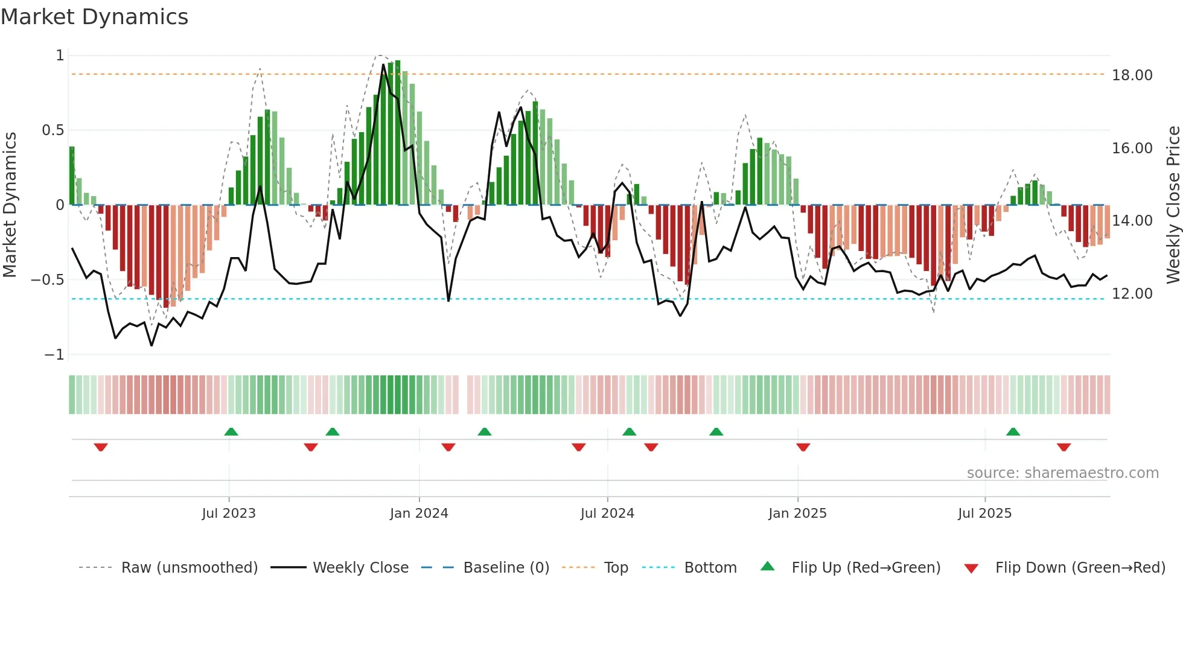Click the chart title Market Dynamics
pyautogui.click(x=94, y=17)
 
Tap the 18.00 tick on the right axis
pyautogui.click(x=1132, y=75)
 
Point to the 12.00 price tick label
pyautogui.click(x=1132, y=294)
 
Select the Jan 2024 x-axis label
pyautogui.click(x=419, y=514)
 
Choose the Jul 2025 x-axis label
pyautogui.click(x=984, y=514)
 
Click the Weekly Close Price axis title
pyautogui.click(x=1173, y=205)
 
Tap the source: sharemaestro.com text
pyautogui.click(x=1062, y=473)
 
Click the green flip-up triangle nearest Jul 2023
pyautogui.click(x=231, y=431)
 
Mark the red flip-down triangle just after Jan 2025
pyautogui.click(x=803, y=447)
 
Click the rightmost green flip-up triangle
pyautogui.click(x=1013, y=431)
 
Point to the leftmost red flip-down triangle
pyautogui.click(x=101, y=447)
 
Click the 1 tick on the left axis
pyautogui.click(x=60, y=56)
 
